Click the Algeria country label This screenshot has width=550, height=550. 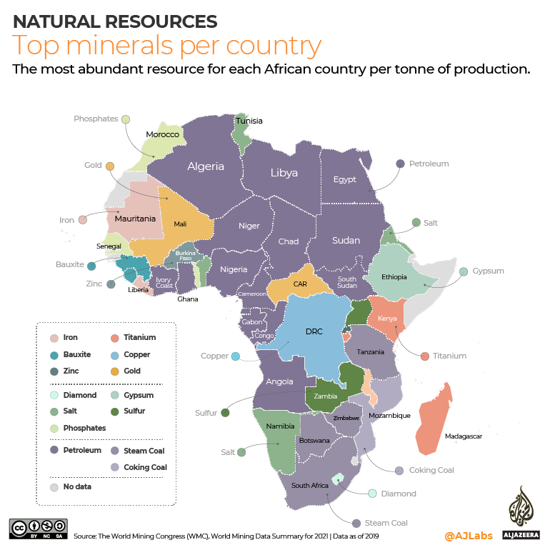[x=206, y=166]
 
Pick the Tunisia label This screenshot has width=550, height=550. [x=249, y=121]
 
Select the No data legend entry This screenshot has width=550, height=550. [x=54, y=486]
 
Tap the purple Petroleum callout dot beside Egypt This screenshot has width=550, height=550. [x=400, y=164]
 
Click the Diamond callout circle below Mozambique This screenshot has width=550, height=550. [x=372, y=494]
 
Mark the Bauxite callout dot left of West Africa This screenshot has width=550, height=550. [x=91, y=266]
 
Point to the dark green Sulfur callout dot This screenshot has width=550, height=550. [x=225, y=412]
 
